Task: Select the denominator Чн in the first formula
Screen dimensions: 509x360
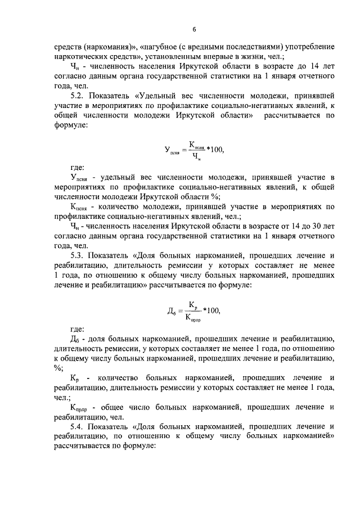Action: point(195,157)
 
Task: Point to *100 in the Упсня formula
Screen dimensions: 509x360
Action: point(214,150)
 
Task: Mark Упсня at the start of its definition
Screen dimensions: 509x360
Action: point(80,178)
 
